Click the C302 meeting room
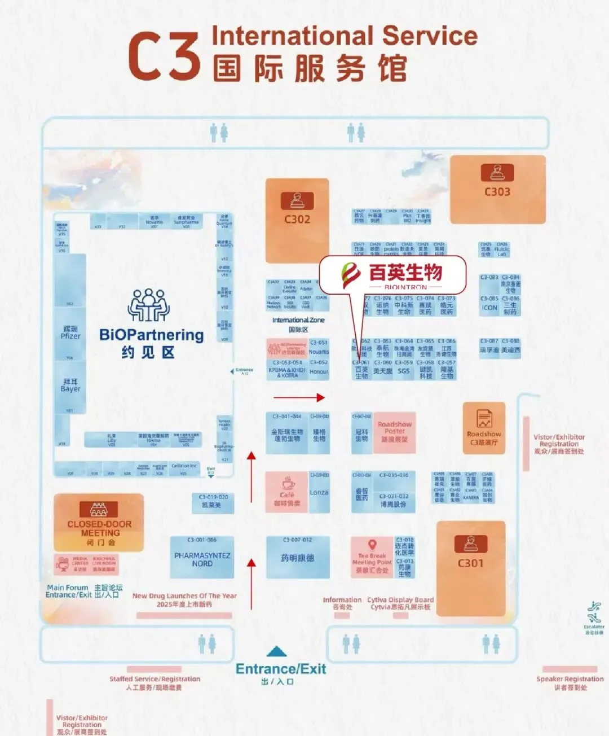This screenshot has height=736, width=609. (x=297, y=220)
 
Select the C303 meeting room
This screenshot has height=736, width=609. (x=497, y=189)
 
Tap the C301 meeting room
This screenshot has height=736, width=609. (x=471, y=562)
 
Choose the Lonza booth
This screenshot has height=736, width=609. (x=319, y=492)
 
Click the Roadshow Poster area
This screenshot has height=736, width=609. (x=395, y=432)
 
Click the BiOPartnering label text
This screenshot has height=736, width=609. (x=151, y=335)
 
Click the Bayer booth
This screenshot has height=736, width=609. (x=70, y=386)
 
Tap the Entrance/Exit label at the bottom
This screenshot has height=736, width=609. (x=281, y=669)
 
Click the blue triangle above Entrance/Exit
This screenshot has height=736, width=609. (x=276, y=652)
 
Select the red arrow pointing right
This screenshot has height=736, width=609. (x=299, y=397)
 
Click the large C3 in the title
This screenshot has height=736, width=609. (x=164, y=56)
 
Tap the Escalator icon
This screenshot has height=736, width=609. (x=594, y=613)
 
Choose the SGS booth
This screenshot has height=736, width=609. (x=404, y=371)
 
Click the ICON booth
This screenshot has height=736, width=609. (x=489, y=308)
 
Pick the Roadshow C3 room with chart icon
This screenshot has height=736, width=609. (x=484, y=427)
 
